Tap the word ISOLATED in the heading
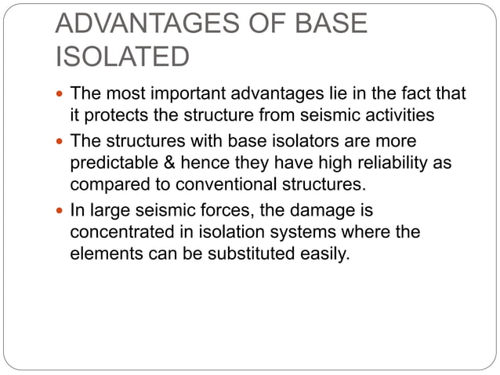121,57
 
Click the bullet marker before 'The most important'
62,95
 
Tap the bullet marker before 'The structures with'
62,143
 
